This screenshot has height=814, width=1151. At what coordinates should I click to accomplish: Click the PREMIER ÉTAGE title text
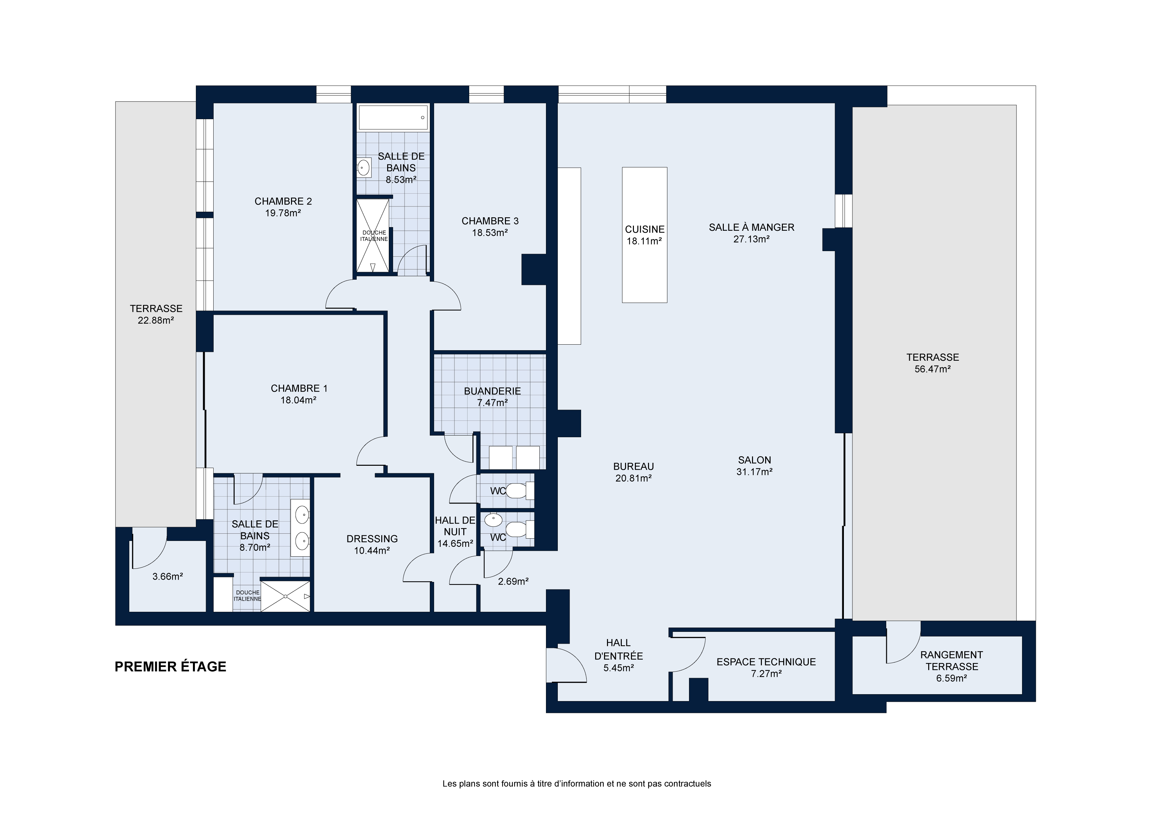pyautogui.click(x=170, y=667)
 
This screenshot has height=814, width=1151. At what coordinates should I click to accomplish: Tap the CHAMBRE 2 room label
pyautogui.click(x=283, y=201)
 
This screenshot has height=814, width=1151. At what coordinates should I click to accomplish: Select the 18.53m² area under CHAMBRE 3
pyautogui.click(x=490, y=233)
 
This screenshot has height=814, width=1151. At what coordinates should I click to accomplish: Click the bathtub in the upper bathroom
pyautogui.click(x=393, y=118)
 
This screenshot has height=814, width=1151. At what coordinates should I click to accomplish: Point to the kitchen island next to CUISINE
pyautogui.click(x=645, y=235)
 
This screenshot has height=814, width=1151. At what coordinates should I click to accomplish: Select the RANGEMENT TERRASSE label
pyautogui.click(x=952, y=660)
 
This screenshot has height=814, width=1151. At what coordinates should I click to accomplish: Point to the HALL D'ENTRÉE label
pyautogui.click(x=618, y=649)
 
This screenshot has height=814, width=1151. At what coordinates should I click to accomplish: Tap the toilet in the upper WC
pyautogui.click(x=520, y=490)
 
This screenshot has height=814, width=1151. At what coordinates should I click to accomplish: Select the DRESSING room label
pyautogui.click(x=372, y=539)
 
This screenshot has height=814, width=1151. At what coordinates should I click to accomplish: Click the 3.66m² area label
pyautogui.click(x=167, y=577)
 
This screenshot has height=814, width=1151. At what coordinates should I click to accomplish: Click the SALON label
pyautogui.click(x=754, y=460)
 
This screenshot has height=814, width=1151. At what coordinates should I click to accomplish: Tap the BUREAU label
pyautogui.click(x=634, y=466)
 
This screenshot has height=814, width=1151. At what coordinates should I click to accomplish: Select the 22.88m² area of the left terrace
pyautogui.click(x=156, y=320)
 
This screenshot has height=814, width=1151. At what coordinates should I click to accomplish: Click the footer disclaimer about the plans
pyautogui.click(x=576, y=783)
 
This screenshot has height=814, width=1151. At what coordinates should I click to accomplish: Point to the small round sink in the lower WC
pyautogui.click(x=493, y=520)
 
